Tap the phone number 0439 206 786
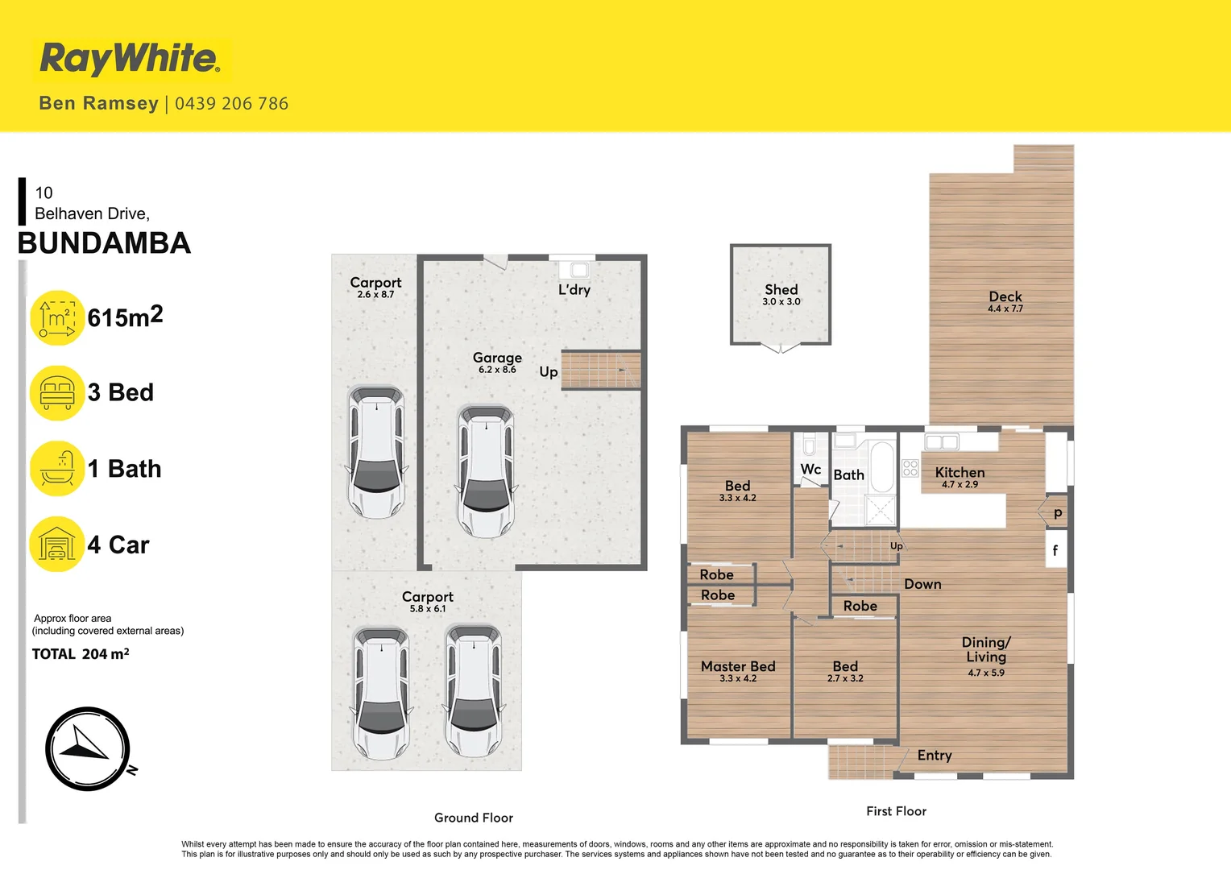[231, 104]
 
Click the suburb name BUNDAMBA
[105, 243]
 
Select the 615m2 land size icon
[57, 318]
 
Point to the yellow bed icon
[57, 393]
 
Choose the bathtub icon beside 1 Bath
[57, 469]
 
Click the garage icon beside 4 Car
[57, 545]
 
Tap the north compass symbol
[87, 749]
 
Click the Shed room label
[781, 290]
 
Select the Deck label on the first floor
[1005, 297]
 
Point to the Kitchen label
[960, 473]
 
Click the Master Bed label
[738, 667]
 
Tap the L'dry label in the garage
[574, 290]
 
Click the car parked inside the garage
[486, 471]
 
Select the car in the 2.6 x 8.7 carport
[376, 453]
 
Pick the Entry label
[935, 756]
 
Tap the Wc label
[810, 470]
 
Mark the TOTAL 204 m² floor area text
[81, 654]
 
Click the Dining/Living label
[986, 649]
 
